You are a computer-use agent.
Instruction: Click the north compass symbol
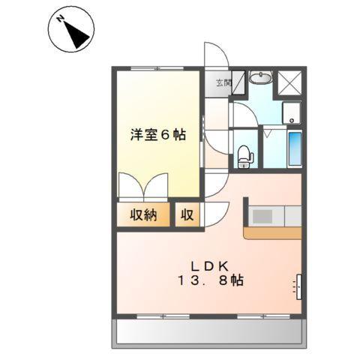pyautogui.click(x=72, y=30)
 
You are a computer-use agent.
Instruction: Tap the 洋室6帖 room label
pyautogui.click(x=158, y=135)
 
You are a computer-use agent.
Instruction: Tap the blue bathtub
pyautogui.click(x=294, y=148)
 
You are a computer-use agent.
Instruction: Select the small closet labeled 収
pyautogui.click(x=187, y=216)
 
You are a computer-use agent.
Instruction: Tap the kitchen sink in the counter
pyautogui.click(x=262, y=216)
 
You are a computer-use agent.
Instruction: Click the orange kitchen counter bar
pyautogui.click(x=273, y=233)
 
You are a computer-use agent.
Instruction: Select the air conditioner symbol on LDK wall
pyautogui.click(x=298, y=286)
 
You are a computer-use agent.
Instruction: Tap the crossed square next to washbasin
pyautogui.click(x=289, y=82)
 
